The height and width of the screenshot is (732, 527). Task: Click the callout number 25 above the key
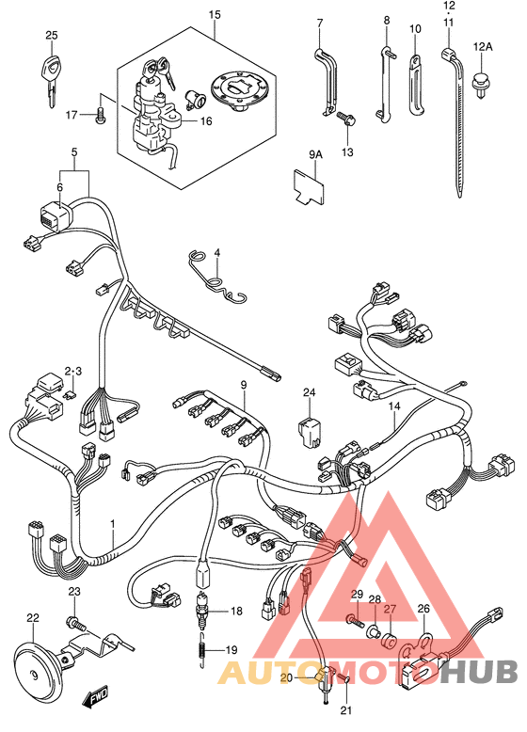52,35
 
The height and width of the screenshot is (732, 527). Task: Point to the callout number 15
215,14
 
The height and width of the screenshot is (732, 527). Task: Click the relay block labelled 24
308,432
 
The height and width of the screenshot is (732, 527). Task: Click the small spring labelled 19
201,649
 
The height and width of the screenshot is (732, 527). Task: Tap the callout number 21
345,711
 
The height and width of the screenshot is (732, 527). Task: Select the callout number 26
423,609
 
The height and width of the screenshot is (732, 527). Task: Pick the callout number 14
394,406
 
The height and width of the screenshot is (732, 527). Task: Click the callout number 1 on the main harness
113,524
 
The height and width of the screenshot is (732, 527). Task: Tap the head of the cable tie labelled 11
449,55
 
